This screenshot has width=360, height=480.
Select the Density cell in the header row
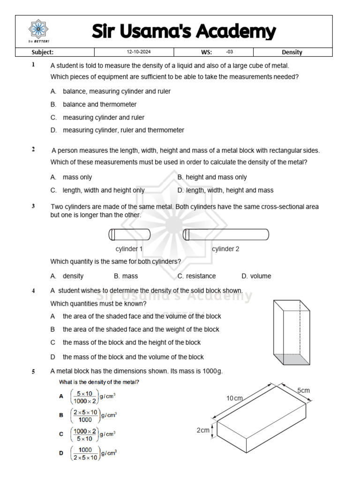click(292, 52)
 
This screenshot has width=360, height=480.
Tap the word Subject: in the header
click(42, 52)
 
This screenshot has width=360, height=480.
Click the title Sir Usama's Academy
click(183, 31)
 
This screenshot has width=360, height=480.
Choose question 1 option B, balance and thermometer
click(99, 105)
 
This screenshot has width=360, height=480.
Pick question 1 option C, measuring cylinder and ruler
click(103, 117)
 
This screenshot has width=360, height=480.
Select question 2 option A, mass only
click(77, 177)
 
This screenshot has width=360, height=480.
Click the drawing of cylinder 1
click(129, 234)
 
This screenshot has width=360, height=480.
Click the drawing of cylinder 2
click(225, 234)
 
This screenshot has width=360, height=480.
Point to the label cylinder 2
click(225, 249)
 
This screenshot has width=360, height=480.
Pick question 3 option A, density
click(73, 276)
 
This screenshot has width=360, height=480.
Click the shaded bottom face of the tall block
click(292, 360)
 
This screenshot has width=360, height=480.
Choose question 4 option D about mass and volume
click(133, 357)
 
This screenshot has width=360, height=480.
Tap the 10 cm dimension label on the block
click(235, 398)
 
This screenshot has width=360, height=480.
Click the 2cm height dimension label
click(202, 430)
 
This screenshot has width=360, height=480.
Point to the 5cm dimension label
click(303, 390)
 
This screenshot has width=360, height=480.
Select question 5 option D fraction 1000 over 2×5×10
click(85, 453)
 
